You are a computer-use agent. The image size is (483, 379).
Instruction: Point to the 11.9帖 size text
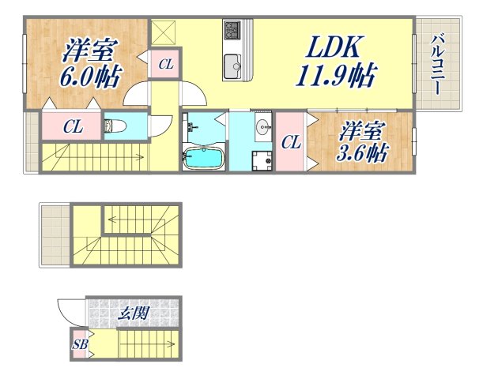click(x=336, y=77)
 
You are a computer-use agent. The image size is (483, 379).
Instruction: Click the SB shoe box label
click(x=80, y=345)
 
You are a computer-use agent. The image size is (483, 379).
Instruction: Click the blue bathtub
click(x=204, y=157)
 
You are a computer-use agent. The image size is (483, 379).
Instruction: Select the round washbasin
click(x=262, y=127)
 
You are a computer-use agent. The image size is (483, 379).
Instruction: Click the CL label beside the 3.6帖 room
click(x=290, y=143)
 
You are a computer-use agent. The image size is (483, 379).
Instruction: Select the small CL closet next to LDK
click(x=164, y=65)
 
